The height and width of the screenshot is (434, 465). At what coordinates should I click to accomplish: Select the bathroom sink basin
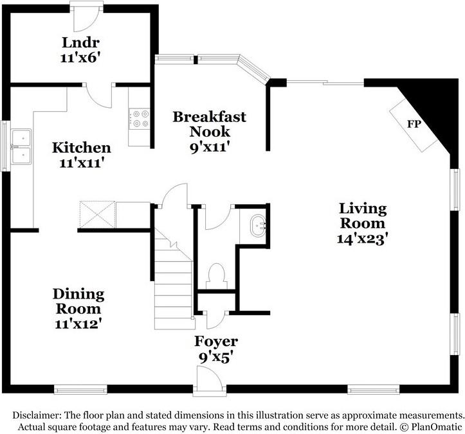coord(257,225)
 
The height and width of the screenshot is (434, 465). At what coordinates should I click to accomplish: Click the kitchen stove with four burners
coord(139,119)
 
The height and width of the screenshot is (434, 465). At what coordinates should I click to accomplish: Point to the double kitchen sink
coord(21,146)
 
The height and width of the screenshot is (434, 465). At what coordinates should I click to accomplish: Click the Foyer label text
coord(216,342)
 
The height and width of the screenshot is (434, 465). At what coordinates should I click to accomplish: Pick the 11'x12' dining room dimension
coord(78,323)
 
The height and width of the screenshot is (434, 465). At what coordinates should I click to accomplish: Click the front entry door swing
coord(209,381)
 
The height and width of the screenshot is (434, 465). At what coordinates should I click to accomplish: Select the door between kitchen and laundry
coord(99,95)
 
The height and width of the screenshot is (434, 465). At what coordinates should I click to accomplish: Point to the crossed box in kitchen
coord(97,213)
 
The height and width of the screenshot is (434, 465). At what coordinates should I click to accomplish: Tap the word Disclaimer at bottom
coord(38,415)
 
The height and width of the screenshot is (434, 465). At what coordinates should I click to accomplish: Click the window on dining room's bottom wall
coord(80,389)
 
